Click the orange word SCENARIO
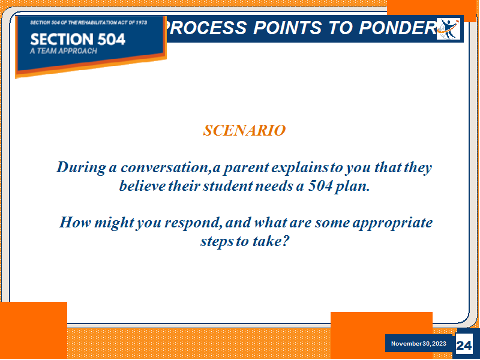coord(244,130)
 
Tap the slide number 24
coord(464,346)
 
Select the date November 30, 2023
coord(418,343)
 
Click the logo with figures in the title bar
coord(448,29)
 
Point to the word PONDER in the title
coord(398,28)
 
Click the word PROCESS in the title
coord(205,28)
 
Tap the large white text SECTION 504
coord(78,39)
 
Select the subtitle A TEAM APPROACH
coord(64,51)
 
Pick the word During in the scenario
coord(81,168)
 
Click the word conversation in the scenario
coord(164,168)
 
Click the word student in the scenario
coord(228,186)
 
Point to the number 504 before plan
coord(320,186)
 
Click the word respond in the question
coord(192,223)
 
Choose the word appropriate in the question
coord(392,223)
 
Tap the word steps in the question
coord(217,242)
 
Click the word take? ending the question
coord(271,241)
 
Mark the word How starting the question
coord(75,222)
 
